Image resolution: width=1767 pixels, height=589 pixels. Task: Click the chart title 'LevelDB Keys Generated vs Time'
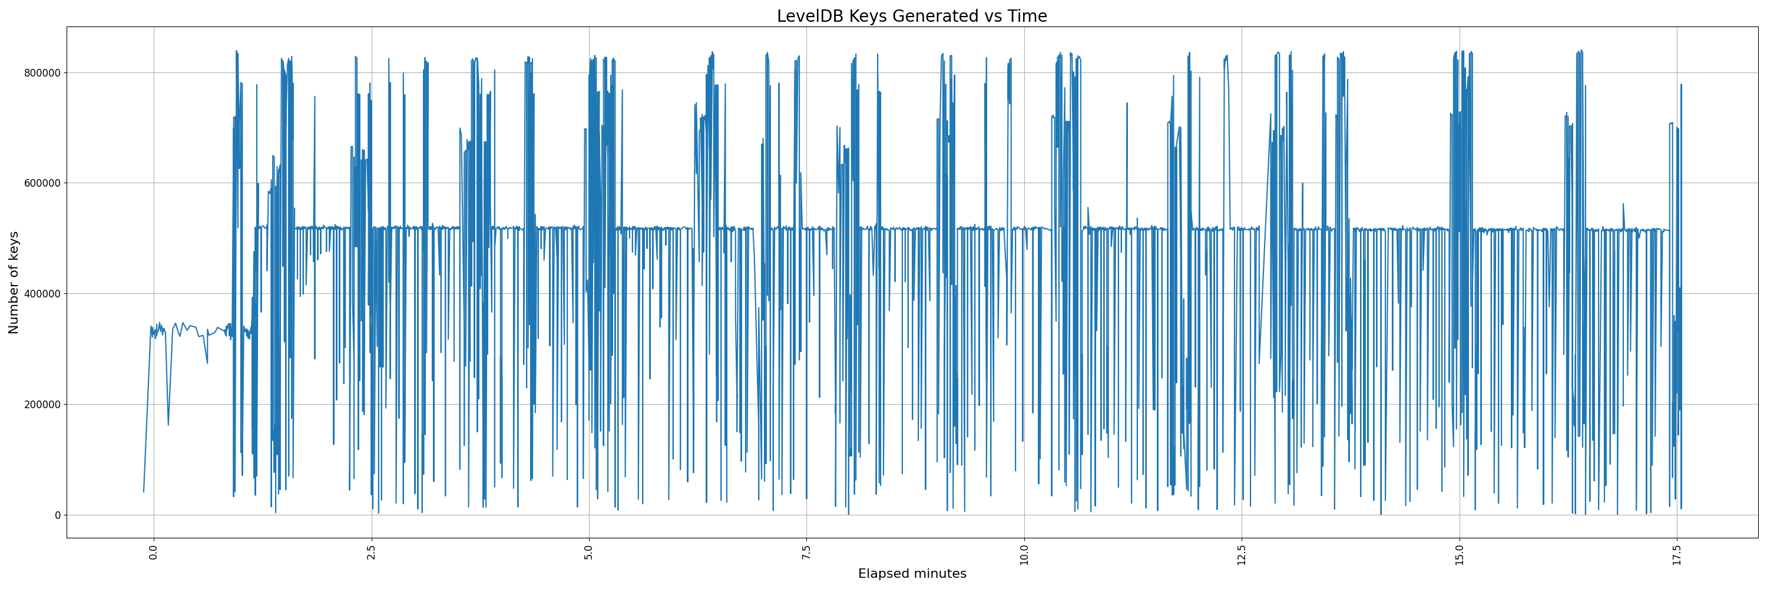[x=912, y=16]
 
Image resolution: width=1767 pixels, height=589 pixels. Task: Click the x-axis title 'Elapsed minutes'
[x=912, y=574]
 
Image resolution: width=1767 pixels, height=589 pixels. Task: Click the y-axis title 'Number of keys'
[x=14, y=283]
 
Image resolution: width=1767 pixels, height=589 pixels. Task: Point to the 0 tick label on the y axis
[x=57, y=515]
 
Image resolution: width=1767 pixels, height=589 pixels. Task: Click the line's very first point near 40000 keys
[x=143, y=492]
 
